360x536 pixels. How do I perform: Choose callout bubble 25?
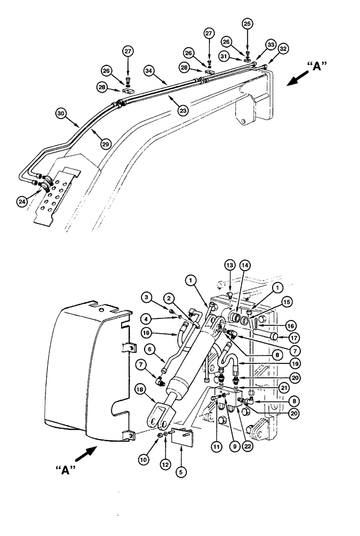tap(247, 24)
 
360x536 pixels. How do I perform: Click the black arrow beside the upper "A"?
tap(298, 80)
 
